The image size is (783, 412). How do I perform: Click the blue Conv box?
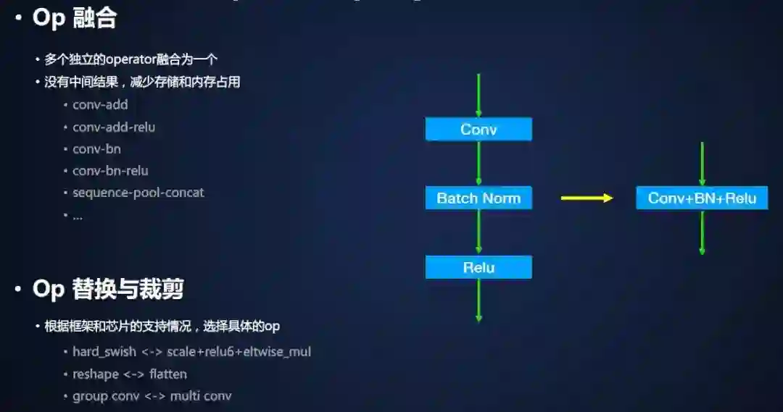coord(478,130)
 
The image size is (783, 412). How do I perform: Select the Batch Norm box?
coord(478,198)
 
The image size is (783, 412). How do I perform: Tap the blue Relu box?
coord(478,267)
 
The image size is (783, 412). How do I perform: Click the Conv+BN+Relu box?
coord(702,198)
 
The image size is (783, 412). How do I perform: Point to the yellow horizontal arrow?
coord(587,198)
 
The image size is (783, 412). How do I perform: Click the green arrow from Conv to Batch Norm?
coord(478,164)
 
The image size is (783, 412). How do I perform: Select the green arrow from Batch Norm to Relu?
coord(478,232)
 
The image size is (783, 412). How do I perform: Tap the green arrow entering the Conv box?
coord(478,95)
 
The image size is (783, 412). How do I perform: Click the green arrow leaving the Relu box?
coord(478,300)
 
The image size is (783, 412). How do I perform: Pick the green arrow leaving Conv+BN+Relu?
coord(702,232)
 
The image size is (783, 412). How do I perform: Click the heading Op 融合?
coord(75,19)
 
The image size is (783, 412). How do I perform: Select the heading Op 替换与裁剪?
coord(108,290)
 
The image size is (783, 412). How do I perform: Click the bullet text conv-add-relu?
coord(114,127)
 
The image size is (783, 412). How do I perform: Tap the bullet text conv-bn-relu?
coord(110,171)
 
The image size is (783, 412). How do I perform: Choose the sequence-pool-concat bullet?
coord(138,193)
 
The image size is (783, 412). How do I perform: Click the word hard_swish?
coord(104,352)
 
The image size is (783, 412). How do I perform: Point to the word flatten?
coord(168,374)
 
